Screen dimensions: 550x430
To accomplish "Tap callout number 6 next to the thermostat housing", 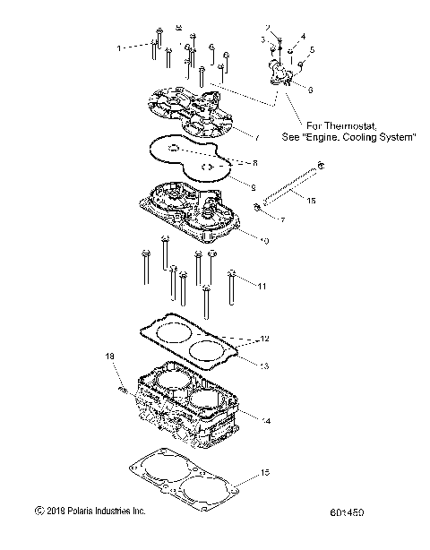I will tap(310, 90).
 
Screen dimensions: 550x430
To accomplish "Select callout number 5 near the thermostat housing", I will tap(312, 49).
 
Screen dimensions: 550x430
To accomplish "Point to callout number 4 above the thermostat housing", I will tap(302, 37).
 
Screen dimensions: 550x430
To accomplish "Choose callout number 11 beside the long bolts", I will tap(262, 286).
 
